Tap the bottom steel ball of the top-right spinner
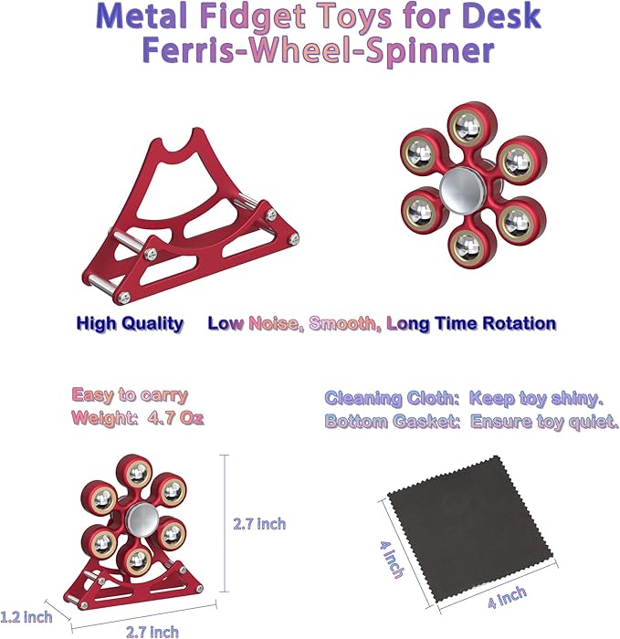pyautogui.click(x=466, y=243)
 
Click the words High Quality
pyautogui.click(x=130, y=323)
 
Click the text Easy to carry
pyautogui.click(x=130, y=395)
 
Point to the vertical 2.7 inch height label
pyautogui.click(x=260, y=523)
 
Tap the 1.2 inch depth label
pyautogui.click(x=26, y=616)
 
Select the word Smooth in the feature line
pyautogui.click(x=344, y=323)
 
